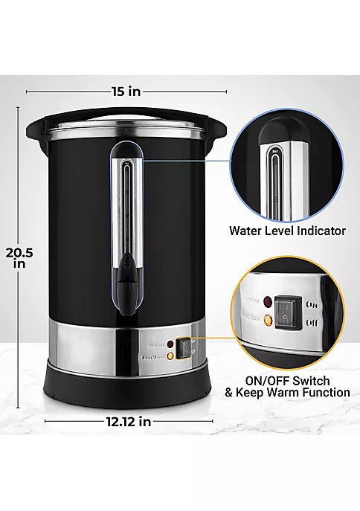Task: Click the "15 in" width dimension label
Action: [x=126, y=91]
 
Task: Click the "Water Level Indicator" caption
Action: [x=287, y=231]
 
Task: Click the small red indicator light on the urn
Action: [x=171, y=344]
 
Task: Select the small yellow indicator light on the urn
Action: [x=171, y=356]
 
